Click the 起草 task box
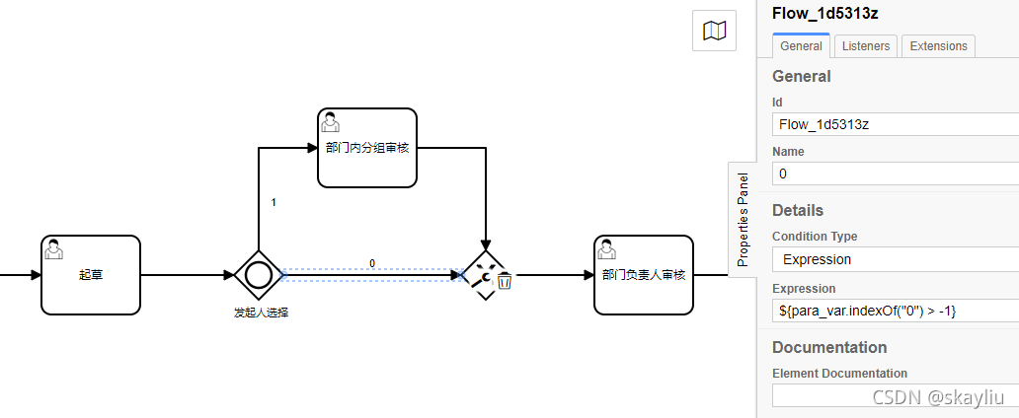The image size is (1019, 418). (91, 275)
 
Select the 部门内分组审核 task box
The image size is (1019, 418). (367, 147)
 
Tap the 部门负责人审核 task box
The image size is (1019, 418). (644, 275)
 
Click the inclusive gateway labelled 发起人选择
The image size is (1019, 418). (259, 275)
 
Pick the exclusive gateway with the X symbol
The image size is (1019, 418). (482, 276)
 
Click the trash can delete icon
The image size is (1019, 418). (505, 281)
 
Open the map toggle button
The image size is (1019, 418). (714, 32)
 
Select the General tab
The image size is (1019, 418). (801, 46)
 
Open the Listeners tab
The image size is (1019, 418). (866, 46)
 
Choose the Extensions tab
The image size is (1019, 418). (938, 46)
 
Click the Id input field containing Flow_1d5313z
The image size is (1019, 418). (894, 124)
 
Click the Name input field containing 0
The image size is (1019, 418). (894, 174)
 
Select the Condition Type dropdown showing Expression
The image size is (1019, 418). (894, 259)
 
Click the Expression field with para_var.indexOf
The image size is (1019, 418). (894, 311)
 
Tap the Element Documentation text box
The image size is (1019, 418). (894, 395)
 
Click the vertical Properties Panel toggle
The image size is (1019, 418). (743, 220)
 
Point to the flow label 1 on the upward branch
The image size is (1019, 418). (274, 202)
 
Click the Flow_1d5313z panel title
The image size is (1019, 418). (824, 13)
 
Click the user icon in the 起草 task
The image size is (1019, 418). (55, 250)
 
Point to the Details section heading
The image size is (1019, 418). (798, 210)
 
